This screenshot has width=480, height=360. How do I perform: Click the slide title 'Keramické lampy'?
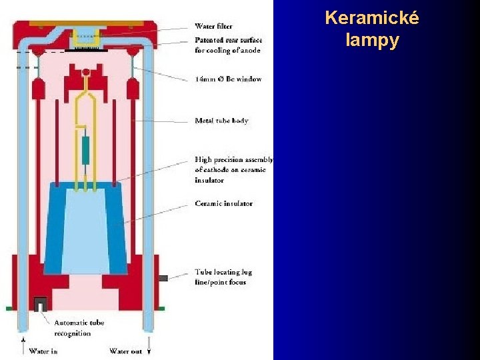click(x=372, y=29)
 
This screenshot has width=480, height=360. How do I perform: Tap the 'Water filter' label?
click(x=214, y=27)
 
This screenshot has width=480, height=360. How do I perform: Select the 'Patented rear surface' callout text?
click(x=228, y=45)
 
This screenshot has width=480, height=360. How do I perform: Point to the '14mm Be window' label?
click(x=228, y=79)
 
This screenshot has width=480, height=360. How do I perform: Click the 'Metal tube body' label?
click(x=221, y=121)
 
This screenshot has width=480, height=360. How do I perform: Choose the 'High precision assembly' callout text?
click(x=233, y=170)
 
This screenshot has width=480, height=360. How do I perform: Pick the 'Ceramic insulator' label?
click(x=223, y=203)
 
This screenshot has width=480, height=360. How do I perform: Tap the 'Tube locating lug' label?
click(x=223, y=277)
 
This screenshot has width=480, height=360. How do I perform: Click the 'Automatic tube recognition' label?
click(x=79, y=328)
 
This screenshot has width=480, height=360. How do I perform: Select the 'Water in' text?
click(x=43, y=351)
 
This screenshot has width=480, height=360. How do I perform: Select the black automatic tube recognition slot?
click(x=39, y=304)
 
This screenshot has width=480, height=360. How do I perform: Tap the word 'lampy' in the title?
click(x=372, y=40)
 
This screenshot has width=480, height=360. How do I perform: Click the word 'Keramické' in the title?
click(x=372, y=18)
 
